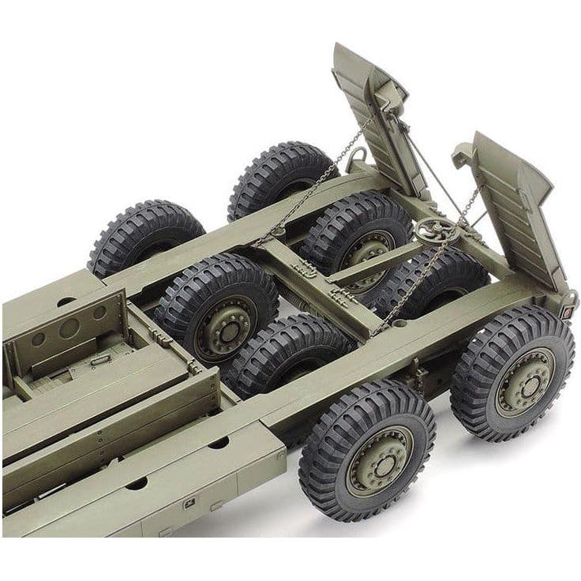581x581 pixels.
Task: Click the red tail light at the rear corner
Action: coord(566,312)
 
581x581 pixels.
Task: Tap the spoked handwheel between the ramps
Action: coord(433,231)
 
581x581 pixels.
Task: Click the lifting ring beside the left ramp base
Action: coord(356,159)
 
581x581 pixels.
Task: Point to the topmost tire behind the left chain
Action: coord(280,178)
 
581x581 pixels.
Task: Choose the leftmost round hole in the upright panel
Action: coord(38,339)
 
